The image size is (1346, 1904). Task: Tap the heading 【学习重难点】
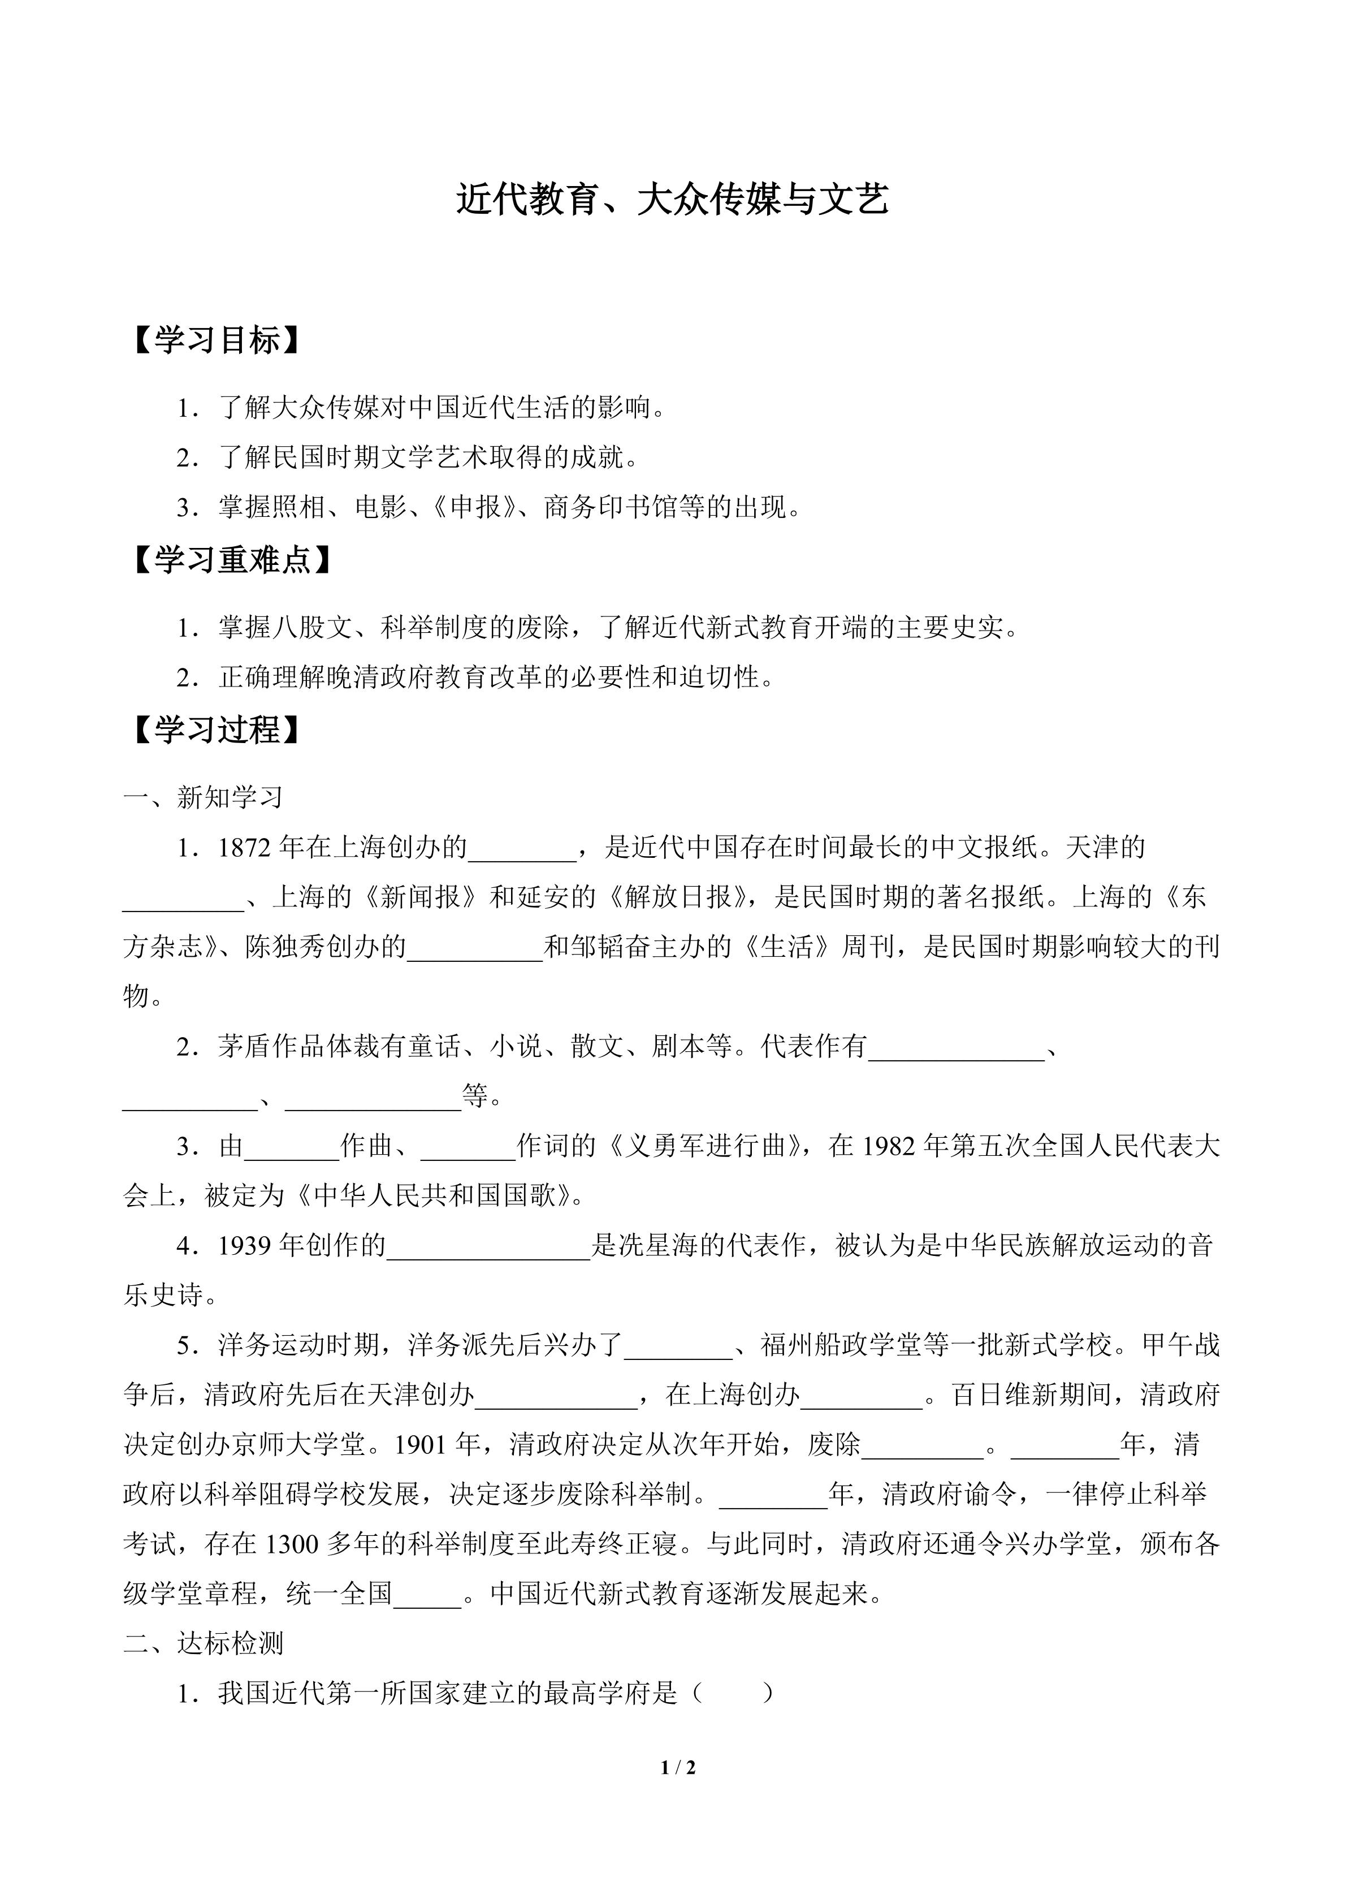click(x=231, y=560)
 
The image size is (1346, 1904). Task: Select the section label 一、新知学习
click(x=203, y=797)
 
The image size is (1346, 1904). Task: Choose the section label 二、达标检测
click(x=203, y=1643)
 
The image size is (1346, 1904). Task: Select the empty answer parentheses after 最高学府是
click(x=732, y=1693)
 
